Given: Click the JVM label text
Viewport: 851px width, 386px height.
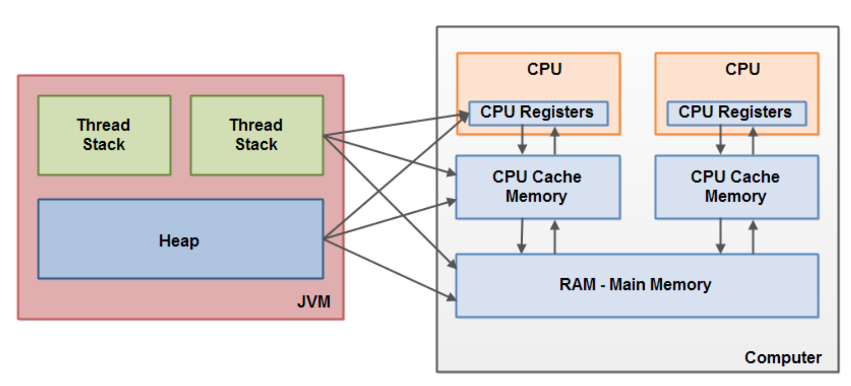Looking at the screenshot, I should [314, 302].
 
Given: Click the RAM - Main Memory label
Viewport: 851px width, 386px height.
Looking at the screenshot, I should [635, 284].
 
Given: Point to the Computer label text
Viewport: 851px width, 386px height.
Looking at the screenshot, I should [783, 357].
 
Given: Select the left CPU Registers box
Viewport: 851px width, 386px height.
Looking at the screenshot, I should [537, 112].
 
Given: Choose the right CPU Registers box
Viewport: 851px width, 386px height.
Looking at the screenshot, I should [735, 112].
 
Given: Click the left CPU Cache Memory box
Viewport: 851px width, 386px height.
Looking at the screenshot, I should [537, 187].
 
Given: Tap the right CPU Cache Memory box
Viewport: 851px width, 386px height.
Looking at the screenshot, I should [735, 187].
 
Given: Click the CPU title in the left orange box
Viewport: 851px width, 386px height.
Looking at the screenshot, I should [544, 69].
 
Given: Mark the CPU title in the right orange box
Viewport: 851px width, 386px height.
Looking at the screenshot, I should [743, 69].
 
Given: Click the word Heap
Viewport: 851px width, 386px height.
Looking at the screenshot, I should [179, 242].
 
